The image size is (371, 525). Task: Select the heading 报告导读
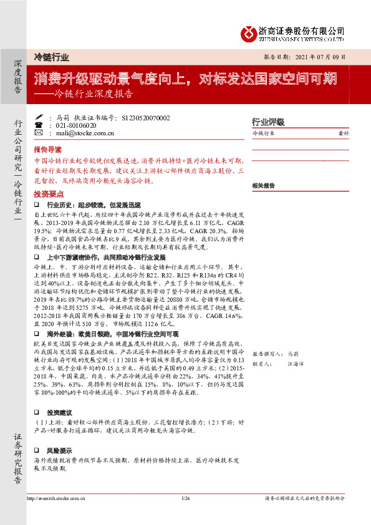tap(48, 150)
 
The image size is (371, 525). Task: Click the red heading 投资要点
tap(48, 194)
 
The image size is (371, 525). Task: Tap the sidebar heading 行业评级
tap(267, 122)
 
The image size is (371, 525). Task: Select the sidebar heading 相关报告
tap(264, 186)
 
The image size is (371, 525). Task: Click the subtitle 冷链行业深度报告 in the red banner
tap(94, 95)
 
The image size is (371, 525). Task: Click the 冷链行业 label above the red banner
tap(51, 57)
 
